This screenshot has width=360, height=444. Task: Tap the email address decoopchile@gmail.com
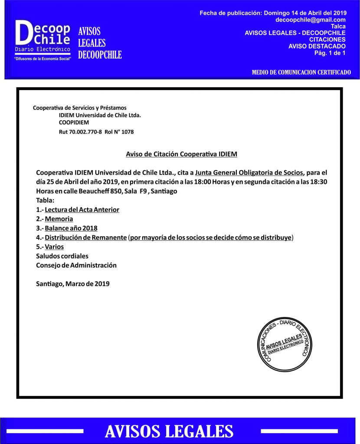pyautogui.click(x=310, y=20)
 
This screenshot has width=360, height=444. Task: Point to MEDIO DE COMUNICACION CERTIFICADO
pyautogui.click(x=301, y=72)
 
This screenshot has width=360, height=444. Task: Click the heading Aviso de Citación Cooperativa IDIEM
pyautogui.click(x=181, y=154)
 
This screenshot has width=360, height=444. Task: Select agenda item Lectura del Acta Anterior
pyautogui.click(x=82, y=209)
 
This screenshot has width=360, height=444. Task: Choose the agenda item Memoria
pyautogui.click(x=59, y=219)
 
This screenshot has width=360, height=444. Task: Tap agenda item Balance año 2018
pyautogui.click(x=71, y=228)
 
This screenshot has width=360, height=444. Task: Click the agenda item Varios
pyautogui.click(x=54, y=247)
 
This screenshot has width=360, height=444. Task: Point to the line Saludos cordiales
pyautogui.click(x=62, y=256)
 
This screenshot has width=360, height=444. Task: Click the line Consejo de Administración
pyautogui.click(x=76, y=265)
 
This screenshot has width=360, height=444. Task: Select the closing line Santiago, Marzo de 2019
pyautogui.click(x=73, y=284)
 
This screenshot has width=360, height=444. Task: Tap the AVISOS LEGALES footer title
pyautogui.click(x=169, y=431)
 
